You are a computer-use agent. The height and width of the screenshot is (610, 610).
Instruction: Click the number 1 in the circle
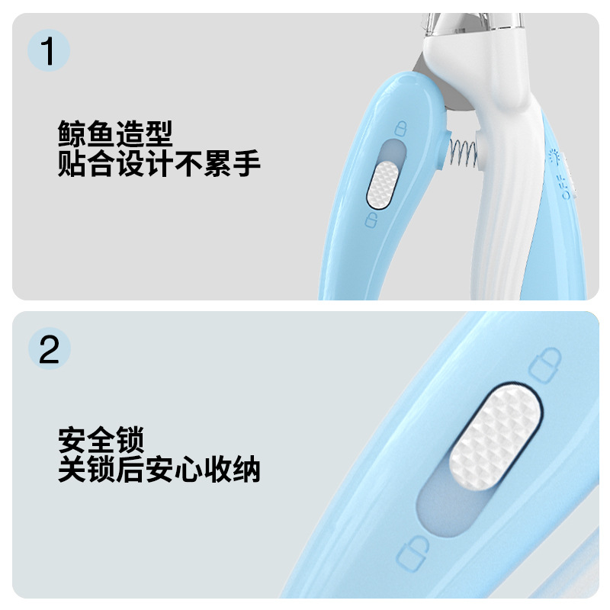pos(49,52)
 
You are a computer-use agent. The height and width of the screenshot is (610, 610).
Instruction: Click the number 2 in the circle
pos(49,350)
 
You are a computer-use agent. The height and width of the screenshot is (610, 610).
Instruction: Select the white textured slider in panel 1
pos(380,184)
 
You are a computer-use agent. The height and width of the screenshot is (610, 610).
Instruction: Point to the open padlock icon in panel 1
pos(371,221)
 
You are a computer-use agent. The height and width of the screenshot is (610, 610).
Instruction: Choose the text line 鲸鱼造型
pos(115,136)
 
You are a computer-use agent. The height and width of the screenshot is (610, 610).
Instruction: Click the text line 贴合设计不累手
pos(159,164)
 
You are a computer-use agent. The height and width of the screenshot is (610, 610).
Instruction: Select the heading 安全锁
pos(101,441)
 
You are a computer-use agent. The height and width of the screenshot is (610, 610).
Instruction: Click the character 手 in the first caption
pos(246,164)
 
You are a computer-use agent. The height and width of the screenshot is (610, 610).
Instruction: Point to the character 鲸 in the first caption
pos(72,136)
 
